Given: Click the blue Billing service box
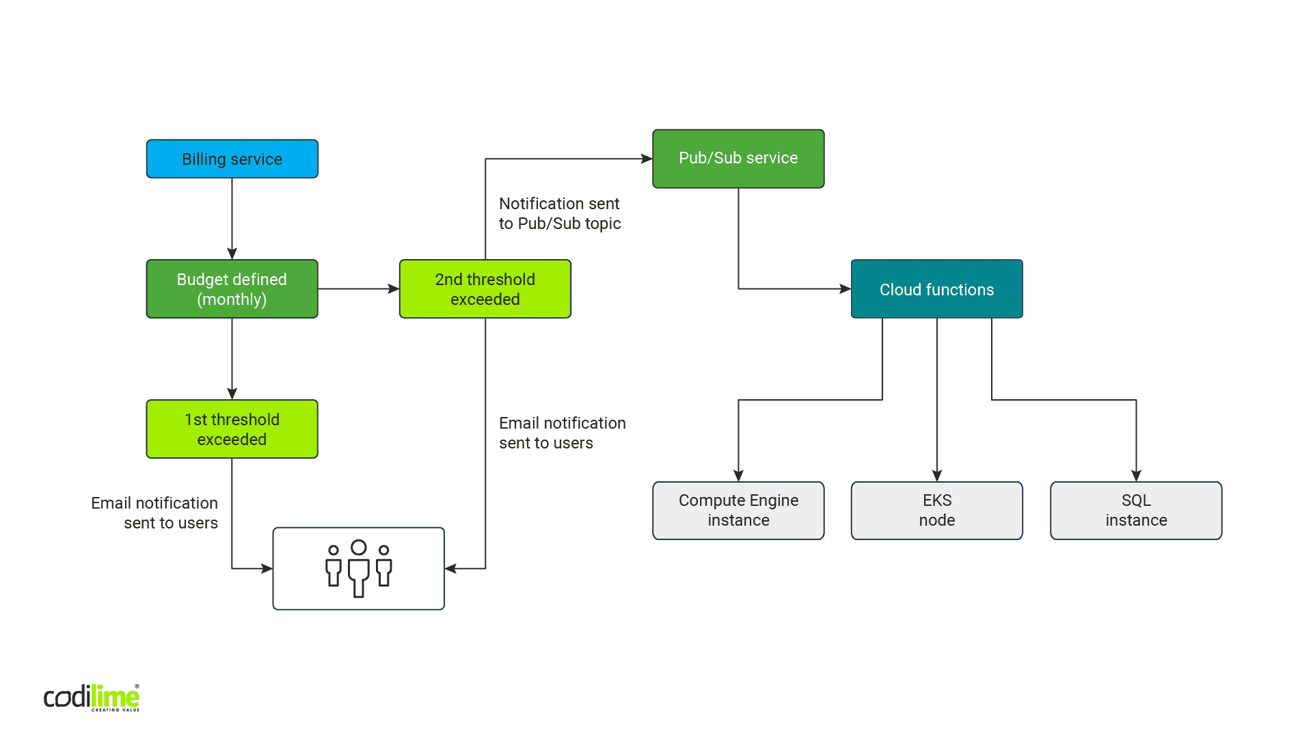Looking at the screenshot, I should pyautogui.click(x=232, y=159).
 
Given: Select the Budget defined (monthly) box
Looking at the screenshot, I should pyautogui.click(x=232, y=289).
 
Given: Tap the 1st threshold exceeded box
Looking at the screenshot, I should pyautogui.click(x=232, y=429).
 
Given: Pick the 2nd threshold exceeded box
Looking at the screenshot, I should pyautogui.click(x=485, y=289).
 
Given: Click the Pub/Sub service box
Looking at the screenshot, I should pyautogui.click(x=738, y=159).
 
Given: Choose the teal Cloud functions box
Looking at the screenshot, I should pyautogui.click(x=936, y=289).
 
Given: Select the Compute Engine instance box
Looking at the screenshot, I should pyautogui.click(x=738, y=511).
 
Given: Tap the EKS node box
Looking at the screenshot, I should pyautogui.click(x=936, y=511).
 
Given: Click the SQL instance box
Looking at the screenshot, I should pyautogui.click(x=1136, y=511).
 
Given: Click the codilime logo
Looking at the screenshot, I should pyautogui.click(x=92, y=697).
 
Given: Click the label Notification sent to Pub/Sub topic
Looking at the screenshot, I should pyautogui.click(x=560, y=213).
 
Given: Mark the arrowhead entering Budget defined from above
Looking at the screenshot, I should pyautogui.click(x=232, y=254).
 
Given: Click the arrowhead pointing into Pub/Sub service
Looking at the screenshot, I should pyautogui.click(x=647, y=159).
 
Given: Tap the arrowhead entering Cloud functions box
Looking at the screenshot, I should pyautogui.click(x=845, y=289).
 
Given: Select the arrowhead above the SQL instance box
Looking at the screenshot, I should pyautogui.click(x=1136, y=476).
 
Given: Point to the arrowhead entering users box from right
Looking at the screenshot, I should pyautogui.click(x=451, y=568).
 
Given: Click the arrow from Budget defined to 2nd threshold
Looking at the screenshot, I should pyautogui.click(x=358, y=289).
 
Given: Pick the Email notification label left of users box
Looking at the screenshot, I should pyautogui.click(x=155, y=513).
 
